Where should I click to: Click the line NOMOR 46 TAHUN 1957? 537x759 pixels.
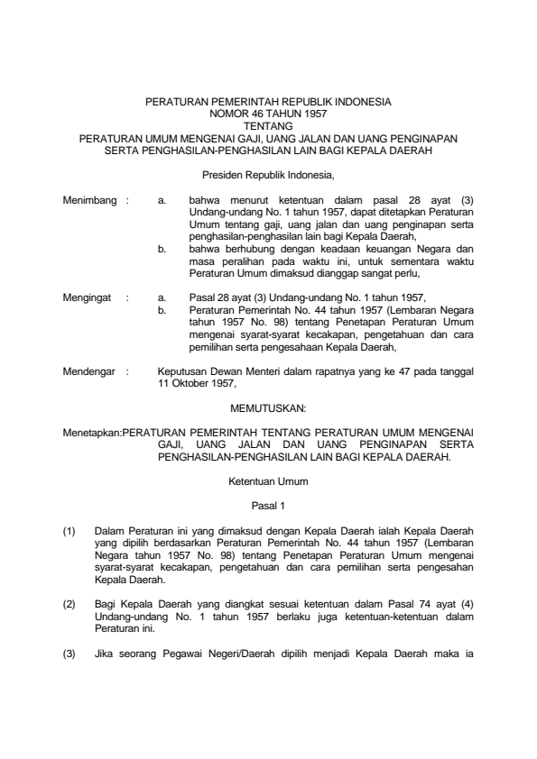pyautogui.click(x=268, y=115)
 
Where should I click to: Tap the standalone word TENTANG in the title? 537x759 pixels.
pyautogui.click(x=268, y=127)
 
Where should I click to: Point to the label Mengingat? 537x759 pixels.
pyautogui.click(x=89, y=296)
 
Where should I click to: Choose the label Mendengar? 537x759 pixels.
pyautogui.click(x=90, y=370)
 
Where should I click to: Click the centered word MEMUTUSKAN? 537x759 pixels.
pyautogui.click(x=268, y=407)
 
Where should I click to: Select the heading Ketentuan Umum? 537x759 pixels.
pyautogui.click(x=268, y=481)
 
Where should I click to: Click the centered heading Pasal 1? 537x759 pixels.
pyautogui.click(x=268, y=507)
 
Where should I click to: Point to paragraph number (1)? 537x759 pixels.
pyautogui.click(x=69, y=532)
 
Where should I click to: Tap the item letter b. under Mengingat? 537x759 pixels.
pyautogui.click(x=162, y=308)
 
